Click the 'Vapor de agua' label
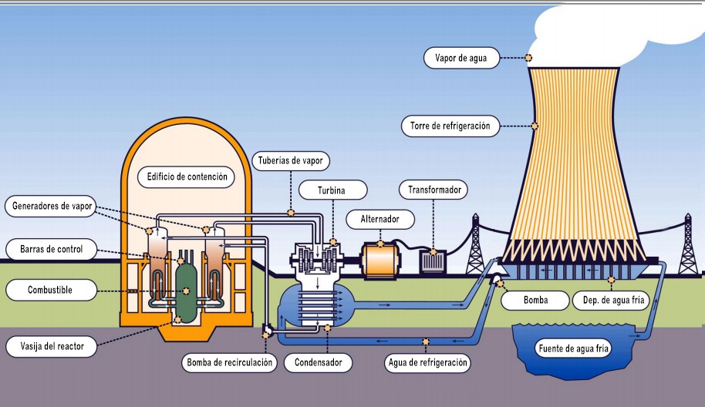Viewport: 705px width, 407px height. click(461, 57)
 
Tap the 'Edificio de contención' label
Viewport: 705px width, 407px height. click(187, 177)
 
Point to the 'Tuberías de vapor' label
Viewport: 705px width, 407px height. click(291, 161)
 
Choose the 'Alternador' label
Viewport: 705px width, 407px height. click(379, 219)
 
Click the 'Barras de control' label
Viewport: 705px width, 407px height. click(54, 250)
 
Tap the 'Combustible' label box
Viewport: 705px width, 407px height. click(50, 291)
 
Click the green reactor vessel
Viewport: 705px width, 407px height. click(185, 286)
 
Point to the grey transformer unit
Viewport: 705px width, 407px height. click(432, 261)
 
